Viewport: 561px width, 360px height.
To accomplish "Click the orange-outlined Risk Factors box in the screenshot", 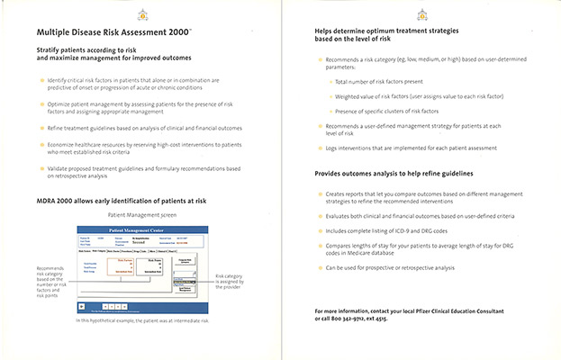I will coord(130,263).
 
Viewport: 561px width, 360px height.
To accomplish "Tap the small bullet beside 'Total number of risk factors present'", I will coord(329,82).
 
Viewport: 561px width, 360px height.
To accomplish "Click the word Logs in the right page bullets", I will coord(332,147).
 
